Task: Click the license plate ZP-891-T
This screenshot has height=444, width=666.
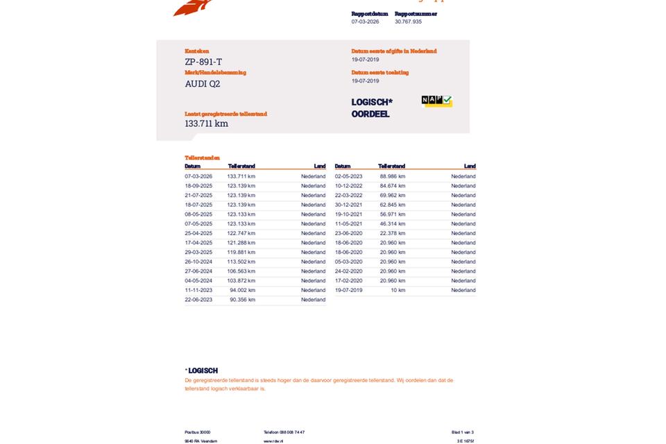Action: [203, 62]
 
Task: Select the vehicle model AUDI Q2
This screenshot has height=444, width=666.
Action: [202, 84]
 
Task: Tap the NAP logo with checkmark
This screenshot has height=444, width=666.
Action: [436, 101]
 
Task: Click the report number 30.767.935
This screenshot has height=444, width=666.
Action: [408, 22]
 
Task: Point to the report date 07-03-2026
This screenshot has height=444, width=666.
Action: [365, 22]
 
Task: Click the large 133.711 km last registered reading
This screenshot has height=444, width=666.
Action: [206, 123]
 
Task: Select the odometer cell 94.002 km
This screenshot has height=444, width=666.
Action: [242, 290]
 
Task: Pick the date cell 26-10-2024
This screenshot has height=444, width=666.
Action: [198, 262]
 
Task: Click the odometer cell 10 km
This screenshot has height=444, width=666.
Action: [398, 290]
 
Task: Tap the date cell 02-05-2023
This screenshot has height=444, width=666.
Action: [348, 176]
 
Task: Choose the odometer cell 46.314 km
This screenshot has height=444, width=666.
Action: [392, 224]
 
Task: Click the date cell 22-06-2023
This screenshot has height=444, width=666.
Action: [198, 300]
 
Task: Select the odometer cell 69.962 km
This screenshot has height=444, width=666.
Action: [392, 196]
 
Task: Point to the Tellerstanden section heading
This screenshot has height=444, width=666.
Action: [202, 158]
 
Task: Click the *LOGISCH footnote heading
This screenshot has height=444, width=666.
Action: [201, 370]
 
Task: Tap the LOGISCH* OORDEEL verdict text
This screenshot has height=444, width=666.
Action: [371, 108]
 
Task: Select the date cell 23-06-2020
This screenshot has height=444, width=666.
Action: [348, 233]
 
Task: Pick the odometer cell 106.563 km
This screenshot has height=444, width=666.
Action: [241, 271]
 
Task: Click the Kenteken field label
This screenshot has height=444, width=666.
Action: [196, 51]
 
